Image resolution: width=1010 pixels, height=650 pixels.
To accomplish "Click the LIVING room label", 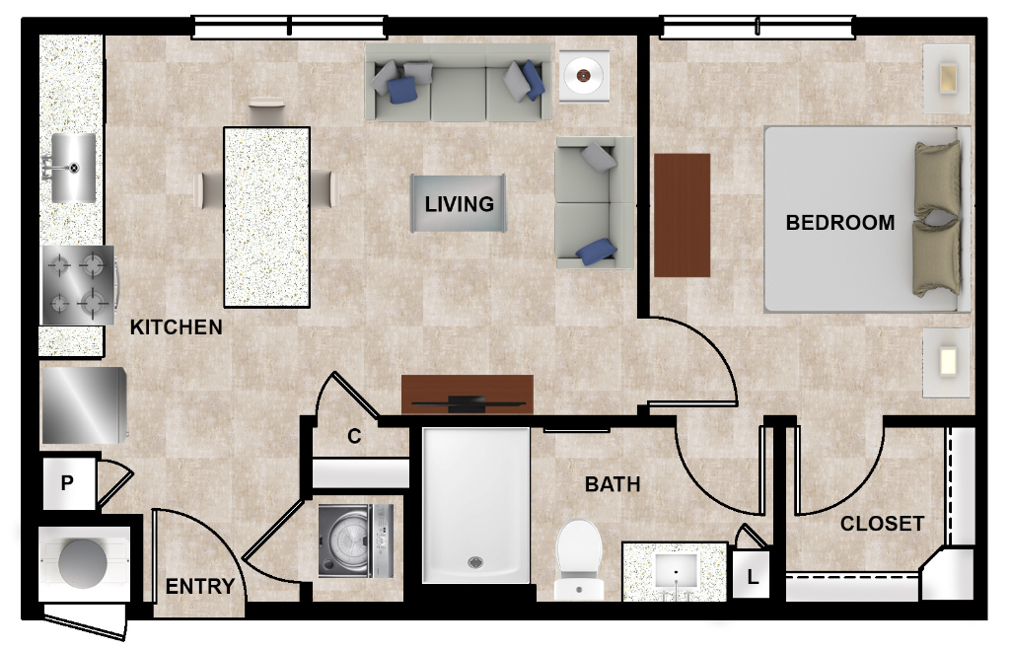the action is click(x=459, y=204).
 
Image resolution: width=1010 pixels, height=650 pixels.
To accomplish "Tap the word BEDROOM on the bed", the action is click(x=840, y=223).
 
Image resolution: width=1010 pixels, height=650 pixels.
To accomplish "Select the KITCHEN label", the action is click(x=176, y=327).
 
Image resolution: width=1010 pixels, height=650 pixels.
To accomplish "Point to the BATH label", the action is click(x=613, y=484).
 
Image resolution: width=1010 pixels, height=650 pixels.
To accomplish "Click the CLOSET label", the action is click(x=882, y=524).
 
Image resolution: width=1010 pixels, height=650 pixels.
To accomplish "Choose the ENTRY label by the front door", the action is click(x=199, y=587).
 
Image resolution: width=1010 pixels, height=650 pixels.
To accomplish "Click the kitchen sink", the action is click(x=73, y=168).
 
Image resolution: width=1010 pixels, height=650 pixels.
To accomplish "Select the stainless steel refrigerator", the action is click(x=84, y=405).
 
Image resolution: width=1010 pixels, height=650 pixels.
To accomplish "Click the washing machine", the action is click(x=355, y=542).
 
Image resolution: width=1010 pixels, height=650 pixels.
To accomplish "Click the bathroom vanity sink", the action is click(x=676, y=571).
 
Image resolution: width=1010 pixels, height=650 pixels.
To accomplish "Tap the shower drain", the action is click(x=475, y=562).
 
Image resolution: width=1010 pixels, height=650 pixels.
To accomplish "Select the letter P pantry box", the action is click(x=68, y=483).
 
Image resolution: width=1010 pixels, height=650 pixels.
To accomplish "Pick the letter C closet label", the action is click(x=354, y=437).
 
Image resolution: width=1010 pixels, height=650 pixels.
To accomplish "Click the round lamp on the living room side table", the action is click(x=584, y=76).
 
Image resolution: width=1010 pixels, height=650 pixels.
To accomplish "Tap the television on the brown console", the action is click(x=468, y=404).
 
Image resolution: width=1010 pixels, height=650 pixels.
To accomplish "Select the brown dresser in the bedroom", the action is click(x=683, y=215).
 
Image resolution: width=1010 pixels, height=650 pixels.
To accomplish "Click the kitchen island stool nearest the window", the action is click(x=266, y=110).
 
